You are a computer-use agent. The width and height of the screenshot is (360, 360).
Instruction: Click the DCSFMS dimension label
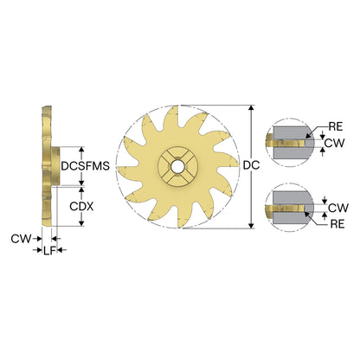pos(86,166)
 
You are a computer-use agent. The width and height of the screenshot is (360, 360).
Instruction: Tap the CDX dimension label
pos(81,207)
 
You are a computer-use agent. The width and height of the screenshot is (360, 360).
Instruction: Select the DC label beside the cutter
pos(251,165)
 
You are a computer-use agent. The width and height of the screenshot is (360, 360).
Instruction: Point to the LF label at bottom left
pos(49,251)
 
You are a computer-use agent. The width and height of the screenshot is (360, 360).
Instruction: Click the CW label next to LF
pos(21,239)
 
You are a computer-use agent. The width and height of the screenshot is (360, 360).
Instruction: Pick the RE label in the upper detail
pos(336,126)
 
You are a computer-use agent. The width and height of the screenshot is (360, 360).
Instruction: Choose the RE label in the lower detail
pos(337,224)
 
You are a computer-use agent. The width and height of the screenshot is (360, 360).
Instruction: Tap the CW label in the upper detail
pos(335,143)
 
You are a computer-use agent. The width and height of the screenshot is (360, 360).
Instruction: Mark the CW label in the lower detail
pos(338,208)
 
